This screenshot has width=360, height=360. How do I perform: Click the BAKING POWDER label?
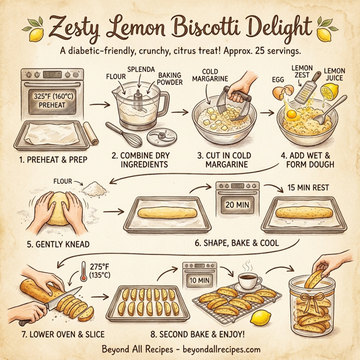click(x=170, y=78)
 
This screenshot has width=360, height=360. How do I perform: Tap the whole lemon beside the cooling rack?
click(x=260, y=316)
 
